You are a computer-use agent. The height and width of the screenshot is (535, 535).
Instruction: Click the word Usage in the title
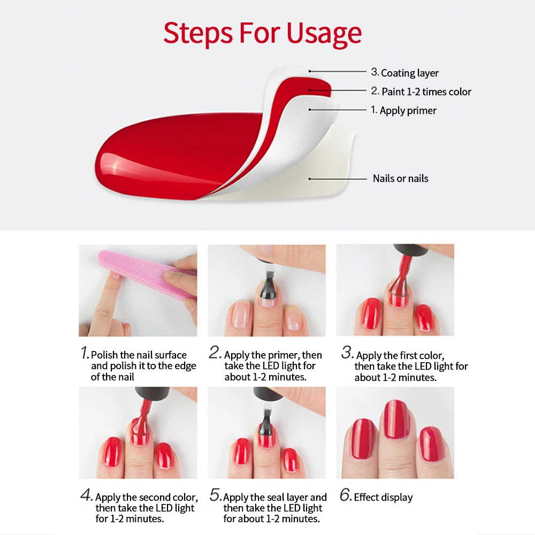click(324, 34)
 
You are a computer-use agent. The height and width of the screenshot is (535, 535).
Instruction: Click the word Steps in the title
click(198, 33)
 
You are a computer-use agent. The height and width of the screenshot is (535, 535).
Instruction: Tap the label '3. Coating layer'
click(404, 73)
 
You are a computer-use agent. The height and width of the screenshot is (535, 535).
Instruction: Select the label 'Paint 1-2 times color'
click(426, 91)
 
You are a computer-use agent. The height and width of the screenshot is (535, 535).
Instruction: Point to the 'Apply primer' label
click(408, 111)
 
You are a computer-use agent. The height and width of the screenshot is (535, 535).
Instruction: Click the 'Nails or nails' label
click(401, 179)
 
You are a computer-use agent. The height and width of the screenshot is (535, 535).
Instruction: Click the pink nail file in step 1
click(147, 273)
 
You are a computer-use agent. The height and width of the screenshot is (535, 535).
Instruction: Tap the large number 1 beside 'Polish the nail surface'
click(85, 353)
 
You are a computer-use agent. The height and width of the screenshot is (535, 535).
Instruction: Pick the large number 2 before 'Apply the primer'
click(215, 353)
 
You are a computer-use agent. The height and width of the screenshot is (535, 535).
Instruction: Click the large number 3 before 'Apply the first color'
click(347, 353)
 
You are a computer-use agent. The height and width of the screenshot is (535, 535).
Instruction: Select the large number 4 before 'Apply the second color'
click(86, 495)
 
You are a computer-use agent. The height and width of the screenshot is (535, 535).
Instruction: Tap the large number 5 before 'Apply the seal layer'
click(216, 495)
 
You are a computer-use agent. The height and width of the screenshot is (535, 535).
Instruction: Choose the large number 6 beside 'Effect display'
click(346, 495)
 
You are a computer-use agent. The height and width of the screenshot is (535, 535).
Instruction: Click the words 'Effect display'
click(383, 498)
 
